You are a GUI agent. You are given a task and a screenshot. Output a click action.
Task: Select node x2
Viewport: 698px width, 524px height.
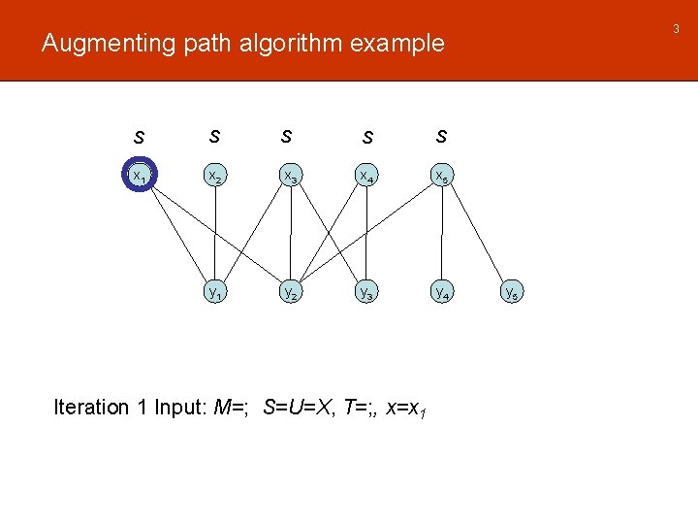click(215, 177)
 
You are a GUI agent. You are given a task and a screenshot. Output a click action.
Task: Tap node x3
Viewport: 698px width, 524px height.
click(290, 177)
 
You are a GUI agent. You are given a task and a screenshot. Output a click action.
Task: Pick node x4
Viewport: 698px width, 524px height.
click(365, 177)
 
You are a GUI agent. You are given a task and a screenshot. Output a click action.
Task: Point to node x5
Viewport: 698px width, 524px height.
click(441, 177)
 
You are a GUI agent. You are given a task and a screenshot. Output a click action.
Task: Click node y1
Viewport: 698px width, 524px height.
click(215, 291)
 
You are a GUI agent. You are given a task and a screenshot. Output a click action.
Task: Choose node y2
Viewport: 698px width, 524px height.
click(290, 291)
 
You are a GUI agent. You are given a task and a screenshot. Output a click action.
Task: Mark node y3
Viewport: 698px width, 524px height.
click(365, 291)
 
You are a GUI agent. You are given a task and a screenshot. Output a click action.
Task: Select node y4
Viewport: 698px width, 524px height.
click(441, 291)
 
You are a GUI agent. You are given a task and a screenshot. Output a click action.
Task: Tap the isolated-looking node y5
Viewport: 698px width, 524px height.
click(514, 291)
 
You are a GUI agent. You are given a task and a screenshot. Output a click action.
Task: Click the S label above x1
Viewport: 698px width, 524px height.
click(141, 137)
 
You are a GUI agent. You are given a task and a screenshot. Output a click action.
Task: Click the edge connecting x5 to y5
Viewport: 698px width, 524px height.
click(478, 234)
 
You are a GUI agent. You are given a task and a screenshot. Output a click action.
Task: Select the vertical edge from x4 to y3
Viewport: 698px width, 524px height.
click(365, 234)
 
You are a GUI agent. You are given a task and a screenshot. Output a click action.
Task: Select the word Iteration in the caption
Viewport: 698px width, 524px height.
click(91, 408)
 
